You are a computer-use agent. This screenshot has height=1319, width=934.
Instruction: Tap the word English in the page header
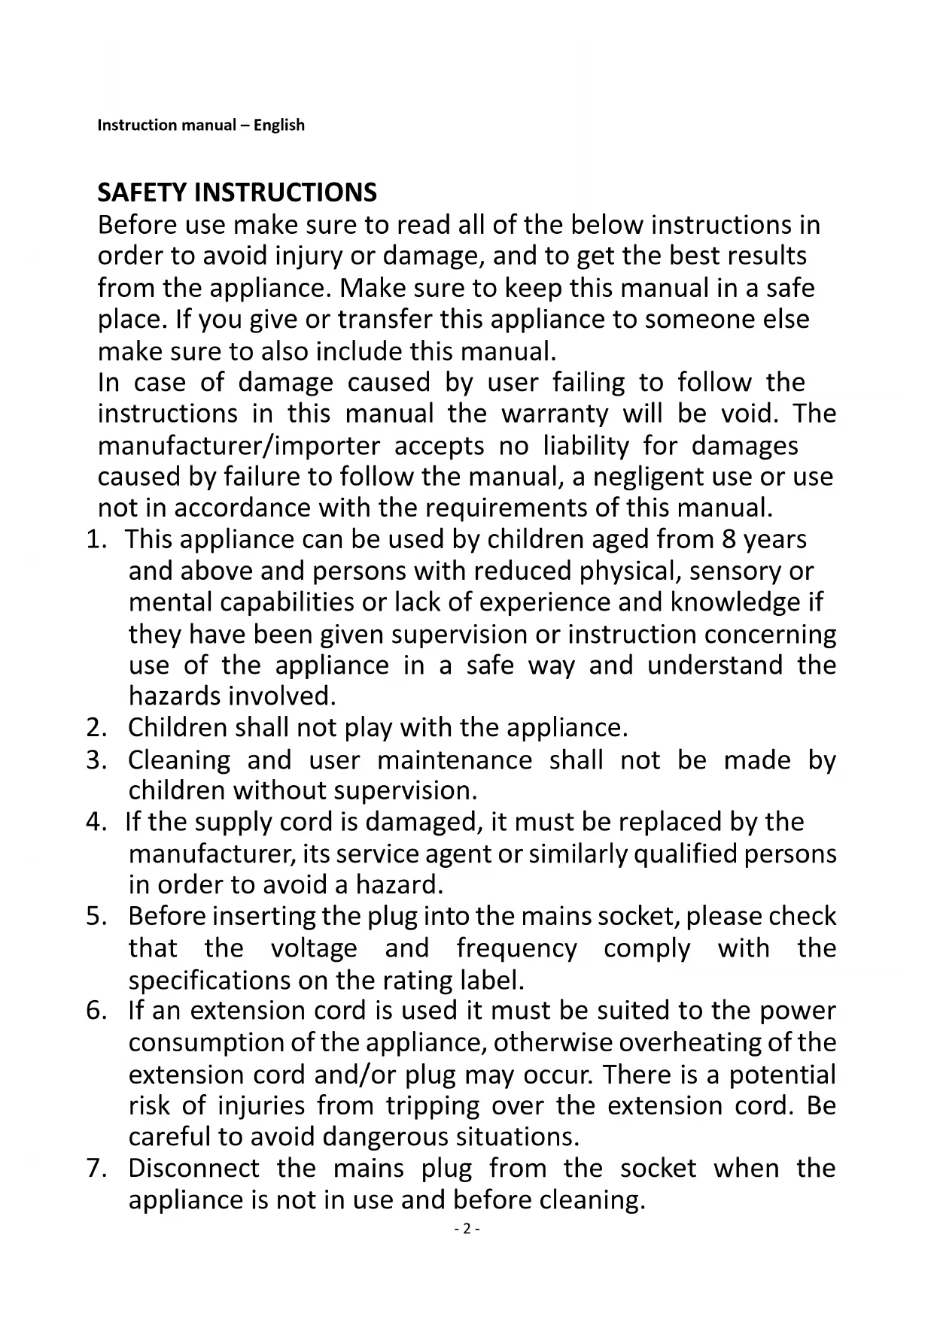pos(279,126)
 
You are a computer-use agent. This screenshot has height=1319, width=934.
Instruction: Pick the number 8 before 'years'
pos(728,539)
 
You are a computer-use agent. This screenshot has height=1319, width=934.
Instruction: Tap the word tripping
pos(433,1105)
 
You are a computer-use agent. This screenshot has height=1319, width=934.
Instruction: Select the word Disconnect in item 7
pos(193,1168)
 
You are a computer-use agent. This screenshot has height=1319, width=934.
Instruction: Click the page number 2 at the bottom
pos(467,1230)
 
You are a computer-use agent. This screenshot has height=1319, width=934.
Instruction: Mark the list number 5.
pos(94,916)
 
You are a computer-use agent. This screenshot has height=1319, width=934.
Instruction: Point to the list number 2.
pos(94,728)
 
